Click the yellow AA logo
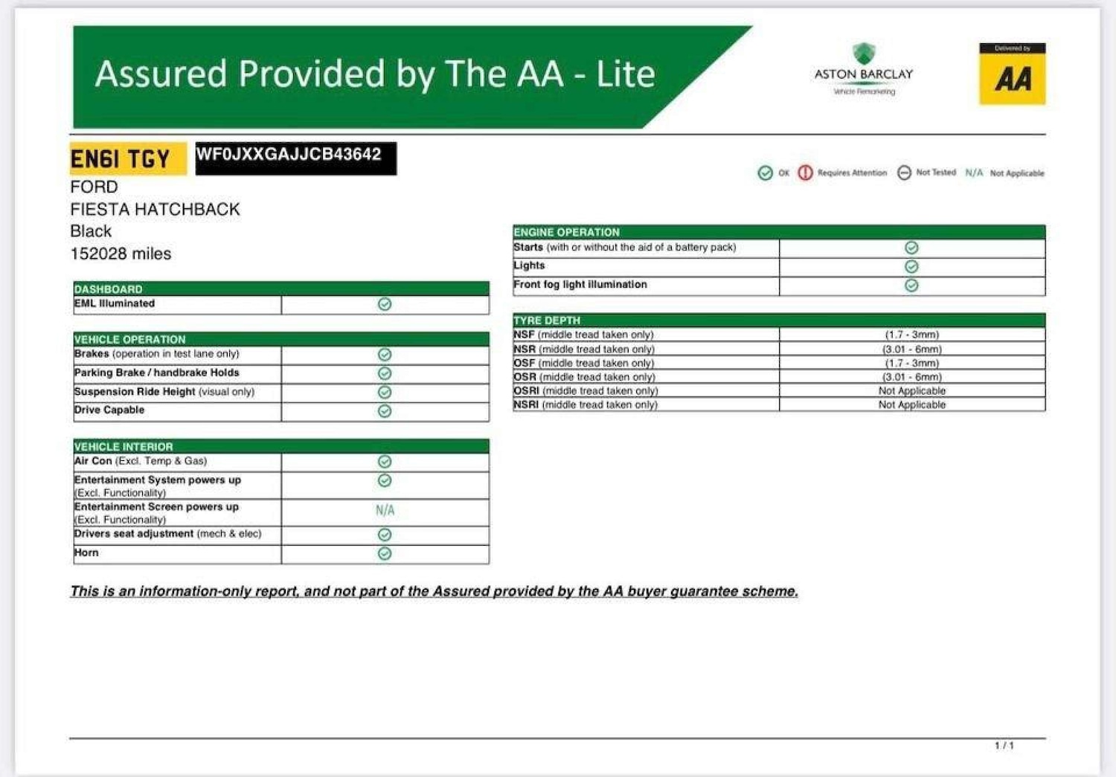[1012, 74]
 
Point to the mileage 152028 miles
[121, 254]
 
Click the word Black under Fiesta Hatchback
[91, 231]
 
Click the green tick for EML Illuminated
[385, 304]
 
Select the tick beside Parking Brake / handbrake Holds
[385, 373]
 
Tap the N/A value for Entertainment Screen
[385, 510]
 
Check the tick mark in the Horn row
[385, 553]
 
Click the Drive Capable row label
[109, 410]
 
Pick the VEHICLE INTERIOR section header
[124, 446]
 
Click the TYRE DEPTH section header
[547, 320]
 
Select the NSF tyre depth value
[911, 335]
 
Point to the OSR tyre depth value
[911, 377]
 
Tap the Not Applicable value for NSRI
[911, 404]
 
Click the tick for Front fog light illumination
[911, 286]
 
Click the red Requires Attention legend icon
[805, 173]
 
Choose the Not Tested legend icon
[904, 173]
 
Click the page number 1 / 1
[1004, 745]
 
